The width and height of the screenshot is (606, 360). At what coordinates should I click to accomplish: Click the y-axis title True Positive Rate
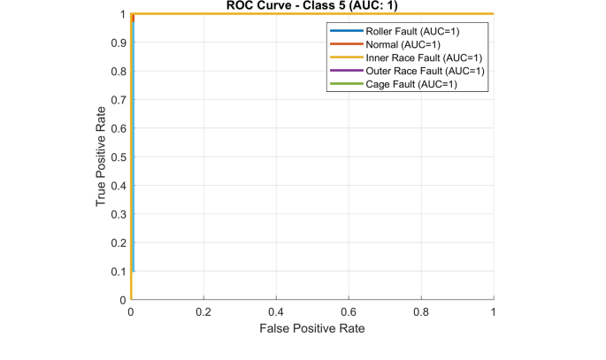click(102, 157)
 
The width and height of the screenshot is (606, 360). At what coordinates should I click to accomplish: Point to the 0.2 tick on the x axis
click(203, 312)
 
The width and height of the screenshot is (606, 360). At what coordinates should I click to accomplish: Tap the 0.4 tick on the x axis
click(276, 312)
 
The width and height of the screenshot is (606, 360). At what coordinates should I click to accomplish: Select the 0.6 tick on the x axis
click(349, 312)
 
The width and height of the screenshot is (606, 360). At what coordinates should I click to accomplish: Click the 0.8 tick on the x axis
click(421, 312)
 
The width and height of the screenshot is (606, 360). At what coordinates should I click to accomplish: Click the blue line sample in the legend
click(345, 31)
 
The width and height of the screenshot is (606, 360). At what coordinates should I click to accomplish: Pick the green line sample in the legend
click(345, 84)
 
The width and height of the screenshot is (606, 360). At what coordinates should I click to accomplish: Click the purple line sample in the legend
click(345, 71)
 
